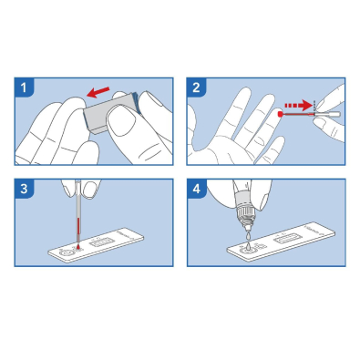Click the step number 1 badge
coord(24,87)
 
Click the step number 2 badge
coord(197,87)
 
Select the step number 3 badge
coord(24,189)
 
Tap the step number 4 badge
coord(197,189)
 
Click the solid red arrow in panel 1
coord(98,92)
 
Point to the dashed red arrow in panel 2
coord(298,106)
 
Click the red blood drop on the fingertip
coord(280,114)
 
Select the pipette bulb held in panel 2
coord(329,115)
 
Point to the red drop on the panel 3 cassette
coord(78,247)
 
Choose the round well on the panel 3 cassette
coord(66,252)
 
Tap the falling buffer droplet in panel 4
coord(248,236)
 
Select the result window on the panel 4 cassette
coord(286,240)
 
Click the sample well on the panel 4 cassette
coord(247,249)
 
